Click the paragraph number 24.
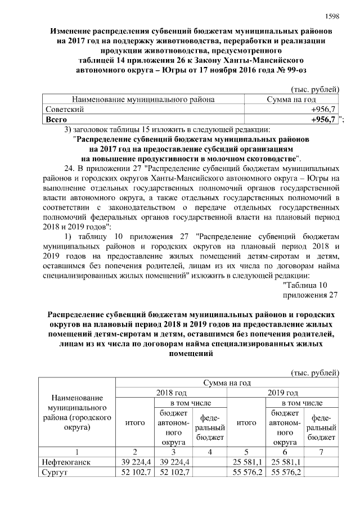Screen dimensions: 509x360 click(70, 168)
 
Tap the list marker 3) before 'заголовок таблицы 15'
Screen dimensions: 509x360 click(70, 130)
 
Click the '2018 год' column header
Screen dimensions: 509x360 click(171, 393)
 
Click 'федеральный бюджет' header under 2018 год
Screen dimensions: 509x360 click(209, 427)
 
